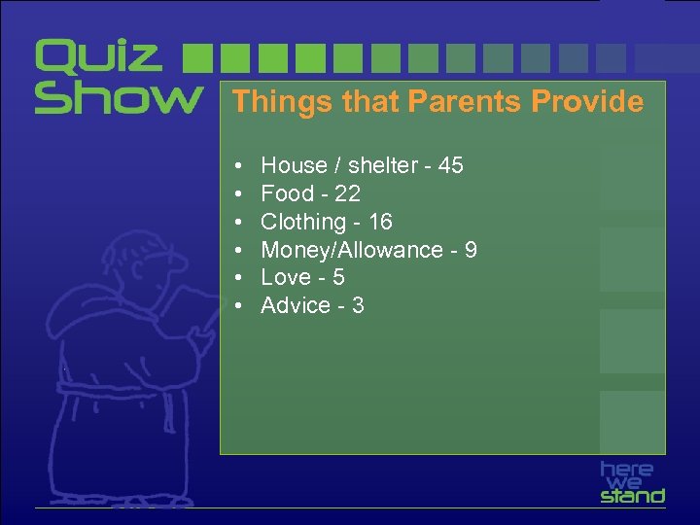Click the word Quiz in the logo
pyautogui.click(x=98, y=57)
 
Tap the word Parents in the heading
pyautogui.click(x=455, y=102)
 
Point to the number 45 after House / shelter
pyautogui.click(x=450, y=166)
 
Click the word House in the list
pyautogui.click(x=294, y=166)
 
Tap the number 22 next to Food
pyautogui.click(x=347, y=194)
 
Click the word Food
pyautogui.click(x=288, y=194)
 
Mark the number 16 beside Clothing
pyautogui.click(x=380, y=223)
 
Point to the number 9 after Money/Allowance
pyautogui.click(x=471, y=251)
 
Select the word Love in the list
pyautogui.click(x=287, y=278)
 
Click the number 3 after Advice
pyautogui.click(x=358, y=306)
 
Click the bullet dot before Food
pyautogui.click(x=238, y=194)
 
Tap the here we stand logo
pyautogui.click(x=632, y=482)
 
